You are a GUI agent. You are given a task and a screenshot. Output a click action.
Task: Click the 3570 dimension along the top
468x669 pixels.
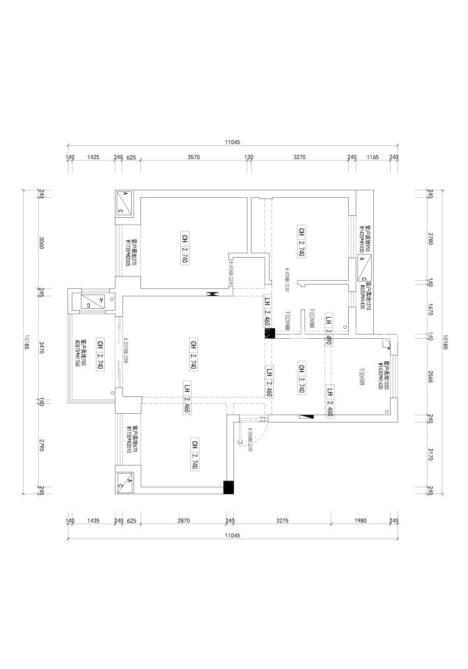[193, 157]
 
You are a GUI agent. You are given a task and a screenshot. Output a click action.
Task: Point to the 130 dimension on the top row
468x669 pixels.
[249, 157]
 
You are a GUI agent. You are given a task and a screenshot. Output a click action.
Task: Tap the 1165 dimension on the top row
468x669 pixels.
[373, 157]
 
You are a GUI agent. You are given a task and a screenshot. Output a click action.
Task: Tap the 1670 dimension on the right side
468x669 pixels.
[430, 310]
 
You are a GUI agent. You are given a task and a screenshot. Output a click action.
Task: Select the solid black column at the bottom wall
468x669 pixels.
[229, 487]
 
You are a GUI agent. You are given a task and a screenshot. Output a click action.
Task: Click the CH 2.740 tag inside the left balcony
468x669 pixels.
[99, 355]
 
